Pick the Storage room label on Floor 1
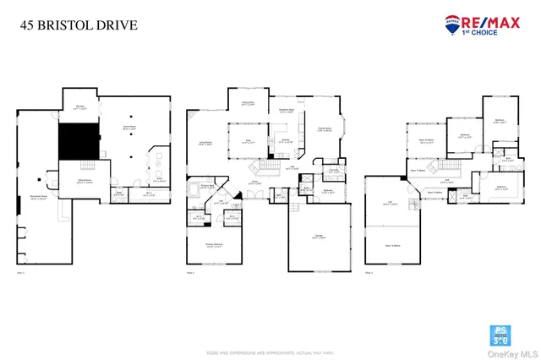[80, 108]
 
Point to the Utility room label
[159, 180]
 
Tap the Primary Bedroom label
[213, 246]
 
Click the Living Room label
[204, 145]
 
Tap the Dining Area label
[249, 104]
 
